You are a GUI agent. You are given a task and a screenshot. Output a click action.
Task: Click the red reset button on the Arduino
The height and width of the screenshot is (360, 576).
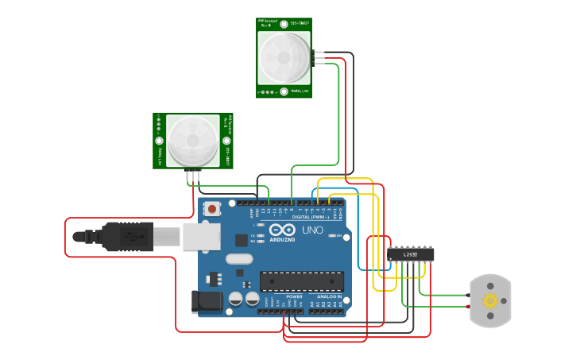[x=212, y=209]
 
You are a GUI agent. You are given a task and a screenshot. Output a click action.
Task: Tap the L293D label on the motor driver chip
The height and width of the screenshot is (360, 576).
[x=411, y=254]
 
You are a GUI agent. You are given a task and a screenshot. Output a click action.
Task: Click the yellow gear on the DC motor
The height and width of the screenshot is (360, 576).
[x=490, y=300]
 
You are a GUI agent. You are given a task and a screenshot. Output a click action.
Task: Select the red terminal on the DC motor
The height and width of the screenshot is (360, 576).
[x=468, y=307]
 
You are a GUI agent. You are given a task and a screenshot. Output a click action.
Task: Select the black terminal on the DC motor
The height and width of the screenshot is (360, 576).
[x=468, y=295]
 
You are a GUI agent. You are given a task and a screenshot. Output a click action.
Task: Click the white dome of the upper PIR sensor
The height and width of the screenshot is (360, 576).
[x=284, y=58]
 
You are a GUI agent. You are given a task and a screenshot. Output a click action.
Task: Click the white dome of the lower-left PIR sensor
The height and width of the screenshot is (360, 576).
[x=191, y=141]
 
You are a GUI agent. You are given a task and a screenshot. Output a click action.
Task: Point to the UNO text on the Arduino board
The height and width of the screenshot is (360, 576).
[x=312, y=230]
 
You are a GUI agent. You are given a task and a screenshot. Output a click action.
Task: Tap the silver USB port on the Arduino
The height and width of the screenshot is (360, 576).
[x=202, y=236]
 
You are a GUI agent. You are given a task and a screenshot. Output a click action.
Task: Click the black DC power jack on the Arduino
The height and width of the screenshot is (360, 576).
[x=206, y=302]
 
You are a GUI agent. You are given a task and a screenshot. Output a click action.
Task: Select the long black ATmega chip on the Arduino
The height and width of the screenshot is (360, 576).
[x=302, y=281]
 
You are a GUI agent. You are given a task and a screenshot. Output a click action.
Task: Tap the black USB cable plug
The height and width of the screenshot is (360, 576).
[x=127, y=237]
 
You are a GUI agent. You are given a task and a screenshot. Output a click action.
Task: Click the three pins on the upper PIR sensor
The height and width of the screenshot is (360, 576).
[x=319, y=58]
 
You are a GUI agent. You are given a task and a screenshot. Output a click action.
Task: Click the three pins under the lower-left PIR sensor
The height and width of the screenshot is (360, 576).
[x=194, y=176]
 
